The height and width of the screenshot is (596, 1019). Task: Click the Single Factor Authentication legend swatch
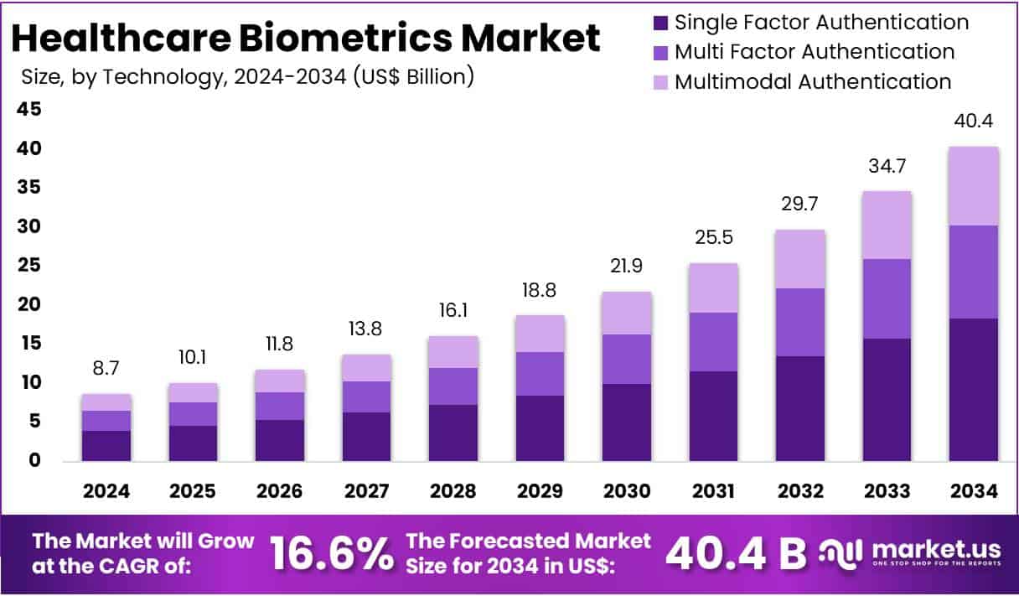click(660, 23)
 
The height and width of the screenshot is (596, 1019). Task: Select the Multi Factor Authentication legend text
click(814, 52)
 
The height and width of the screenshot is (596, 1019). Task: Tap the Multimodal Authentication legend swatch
click(660, 82)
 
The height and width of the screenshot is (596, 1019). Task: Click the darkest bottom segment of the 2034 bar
click(973, 389)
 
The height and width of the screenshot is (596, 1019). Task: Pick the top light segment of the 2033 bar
click(886, 225)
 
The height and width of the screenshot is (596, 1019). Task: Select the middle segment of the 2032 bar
click(799, 322)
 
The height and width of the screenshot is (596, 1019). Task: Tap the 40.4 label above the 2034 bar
click(973, 122)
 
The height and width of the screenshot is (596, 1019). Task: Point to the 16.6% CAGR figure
click(330, 553)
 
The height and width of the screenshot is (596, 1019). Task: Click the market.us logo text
click(937, 550)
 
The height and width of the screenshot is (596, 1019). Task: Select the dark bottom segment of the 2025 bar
click(193, 443)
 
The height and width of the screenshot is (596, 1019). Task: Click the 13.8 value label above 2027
click(365, 329)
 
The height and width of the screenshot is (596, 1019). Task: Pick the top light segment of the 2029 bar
click(539, 334)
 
